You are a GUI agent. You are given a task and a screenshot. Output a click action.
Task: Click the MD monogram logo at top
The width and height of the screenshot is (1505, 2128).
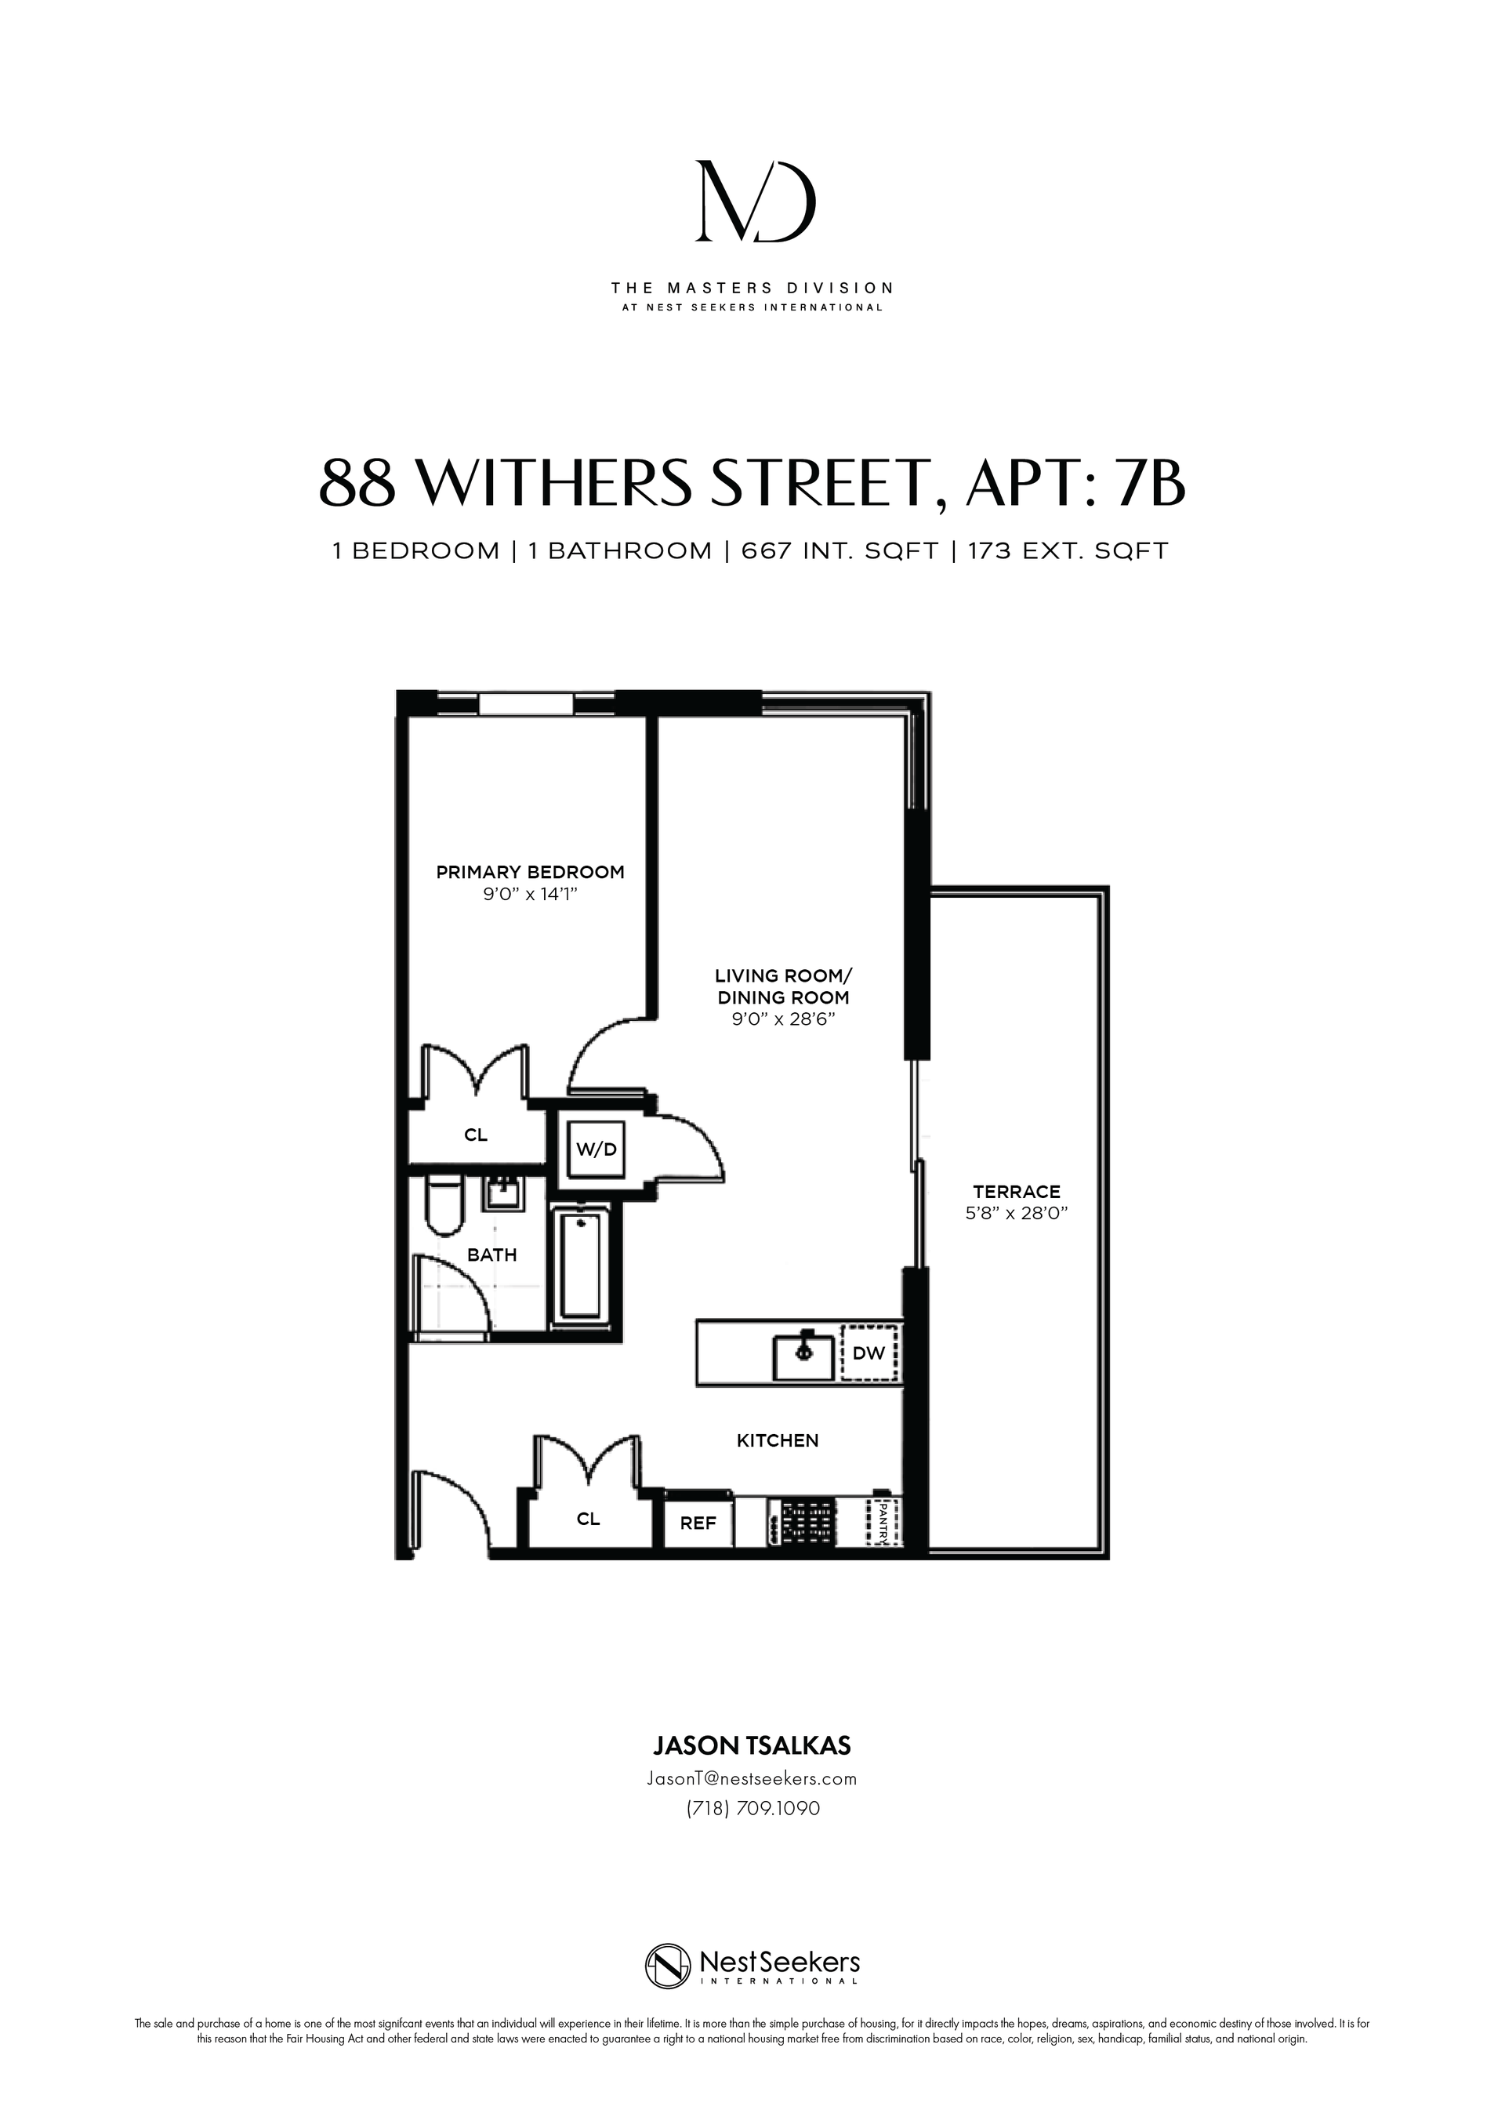(756, 202)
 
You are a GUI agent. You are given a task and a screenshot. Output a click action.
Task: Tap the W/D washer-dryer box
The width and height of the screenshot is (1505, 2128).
(596, 1149)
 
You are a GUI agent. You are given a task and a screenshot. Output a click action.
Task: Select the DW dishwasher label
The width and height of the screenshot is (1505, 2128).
(869, 1353)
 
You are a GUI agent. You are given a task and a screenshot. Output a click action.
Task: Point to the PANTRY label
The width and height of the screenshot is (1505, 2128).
(883, 1522)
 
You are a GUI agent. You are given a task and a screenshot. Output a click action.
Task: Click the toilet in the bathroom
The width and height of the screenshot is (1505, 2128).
(443, 1206)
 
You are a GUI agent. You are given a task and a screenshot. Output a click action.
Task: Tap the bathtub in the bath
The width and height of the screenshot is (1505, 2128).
(581, 1266)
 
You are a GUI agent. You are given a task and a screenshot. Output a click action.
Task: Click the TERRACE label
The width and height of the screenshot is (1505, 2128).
(1016, 1192)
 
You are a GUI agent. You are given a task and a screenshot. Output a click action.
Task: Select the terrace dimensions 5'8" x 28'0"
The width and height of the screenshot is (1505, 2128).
(1016, 1213)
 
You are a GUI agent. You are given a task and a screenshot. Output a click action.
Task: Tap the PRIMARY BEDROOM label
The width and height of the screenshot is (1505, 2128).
(530, 872)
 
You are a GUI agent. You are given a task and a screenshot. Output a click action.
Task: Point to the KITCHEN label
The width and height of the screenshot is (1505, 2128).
(778, 1440)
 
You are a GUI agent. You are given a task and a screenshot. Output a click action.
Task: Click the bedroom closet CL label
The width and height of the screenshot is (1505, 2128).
(476, 1135)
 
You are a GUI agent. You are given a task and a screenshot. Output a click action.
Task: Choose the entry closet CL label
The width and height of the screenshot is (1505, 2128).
(588, 1519)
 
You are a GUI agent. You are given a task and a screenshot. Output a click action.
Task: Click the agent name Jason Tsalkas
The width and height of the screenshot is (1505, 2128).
(752, 1746)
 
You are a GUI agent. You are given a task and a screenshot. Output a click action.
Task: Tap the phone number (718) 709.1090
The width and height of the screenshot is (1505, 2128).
(752, 1808)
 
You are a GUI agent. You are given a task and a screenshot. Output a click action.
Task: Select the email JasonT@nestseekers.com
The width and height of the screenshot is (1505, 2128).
(752, 1778)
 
